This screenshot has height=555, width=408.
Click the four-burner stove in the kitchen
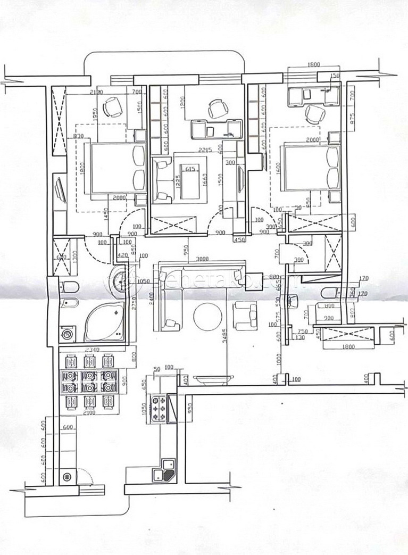tap(159, 408)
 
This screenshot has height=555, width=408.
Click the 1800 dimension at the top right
tap(314, 65)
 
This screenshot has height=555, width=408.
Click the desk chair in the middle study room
tap(217, 109)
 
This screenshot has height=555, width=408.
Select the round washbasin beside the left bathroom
tap(123, 278)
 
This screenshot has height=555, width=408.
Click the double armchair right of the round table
tap(246, 316)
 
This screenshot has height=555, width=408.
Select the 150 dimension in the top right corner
tap(334, 76)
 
